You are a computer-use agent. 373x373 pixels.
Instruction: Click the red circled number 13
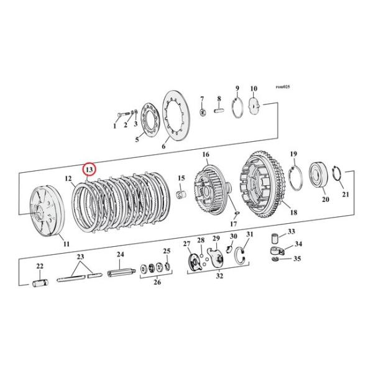click(89, 169)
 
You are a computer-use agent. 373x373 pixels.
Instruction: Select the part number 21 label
click(346, 195)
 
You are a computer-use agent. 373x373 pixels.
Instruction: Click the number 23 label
click(79, 257)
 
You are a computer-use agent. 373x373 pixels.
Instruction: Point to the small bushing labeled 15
click(182, 197)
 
